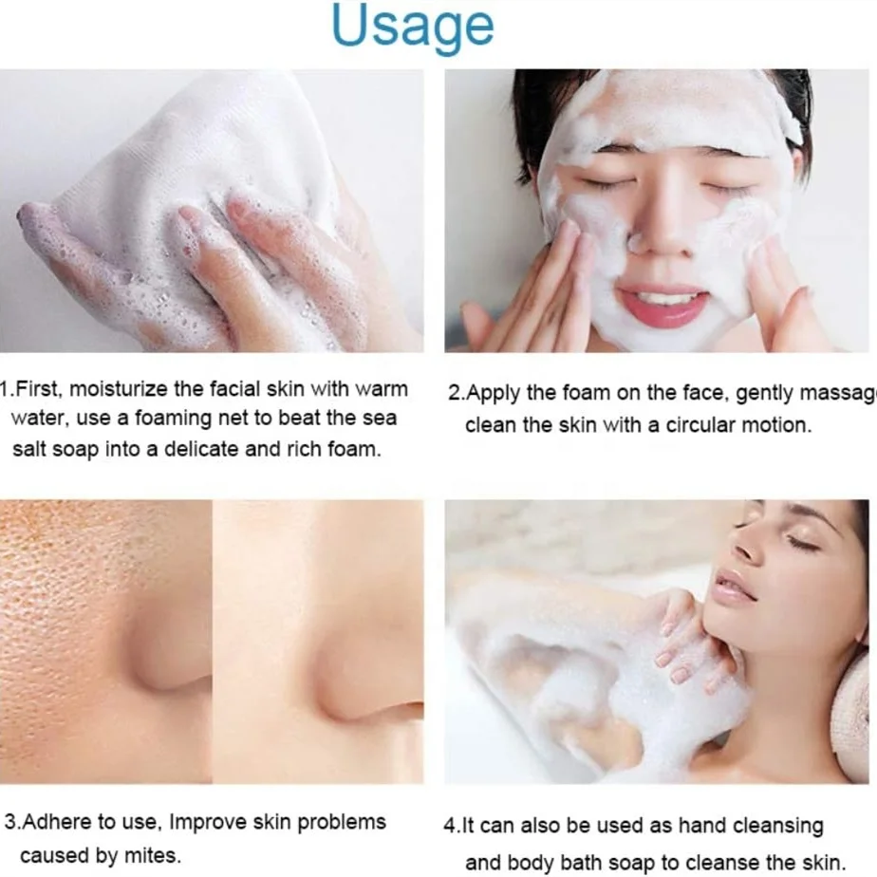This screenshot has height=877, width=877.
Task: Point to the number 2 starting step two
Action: [x=455, y=393]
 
